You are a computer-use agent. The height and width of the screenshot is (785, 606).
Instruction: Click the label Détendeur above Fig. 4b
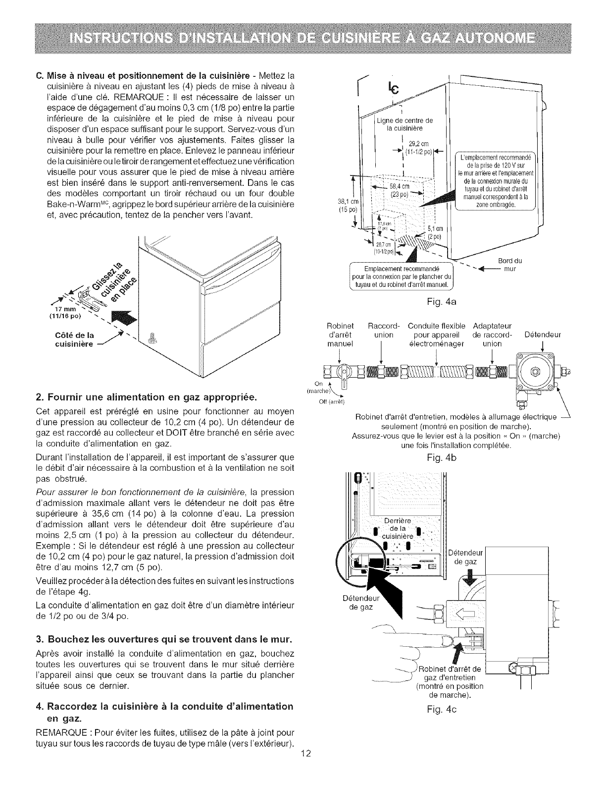[543, 335]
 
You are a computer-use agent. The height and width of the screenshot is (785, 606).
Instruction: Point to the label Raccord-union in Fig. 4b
[382, 331]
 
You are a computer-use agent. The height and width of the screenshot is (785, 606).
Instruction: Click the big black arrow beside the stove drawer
[124, 319]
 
